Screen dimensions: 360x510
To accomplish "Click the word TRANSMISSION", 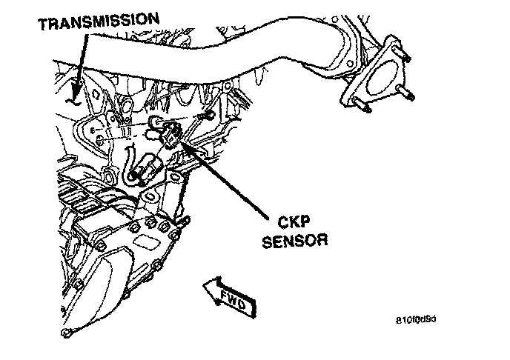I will click(99, 23).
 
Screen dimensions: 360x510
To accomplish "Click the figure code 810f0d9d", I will click(417, 321).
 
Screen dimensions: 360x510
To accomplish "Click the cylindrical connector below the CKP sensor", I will click(147, 168).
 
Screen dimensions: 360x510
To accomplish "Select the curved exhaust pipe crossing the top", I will click(222, 59).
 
